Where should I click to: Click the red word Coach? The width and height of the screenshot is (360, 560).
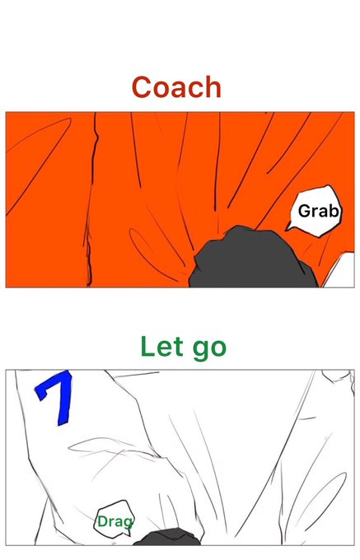click(176, 87)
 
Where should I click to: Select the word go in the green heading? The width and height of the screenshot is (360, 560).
click(209, 348)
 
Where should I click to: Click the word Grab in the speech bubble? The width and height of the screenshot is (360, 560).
click(318, 211)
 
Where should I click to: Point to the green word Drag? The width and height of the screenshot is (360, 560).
click(115, 522)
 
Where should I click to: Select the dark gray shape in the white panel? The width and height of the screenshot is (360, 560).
click(167, 537)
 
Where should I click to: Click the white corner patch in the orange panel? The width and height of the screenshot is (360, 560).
click(341, 272)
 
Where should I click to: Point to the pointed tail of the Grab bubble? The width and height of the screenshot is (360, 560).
click(288, 228)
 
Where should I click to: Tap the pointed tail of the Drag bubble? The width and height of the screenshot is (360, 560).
click(128, 534)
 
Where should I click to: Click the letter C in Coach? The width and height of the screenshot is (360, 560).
click(143, 87)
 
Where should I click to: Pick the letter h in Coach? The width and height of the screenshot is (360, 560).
click(213, 87)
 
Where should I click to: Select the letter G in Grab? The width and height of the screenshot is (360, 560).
click(305, 211)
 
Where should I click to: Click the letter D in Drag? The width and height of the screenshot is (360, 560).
click(102, 522)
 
